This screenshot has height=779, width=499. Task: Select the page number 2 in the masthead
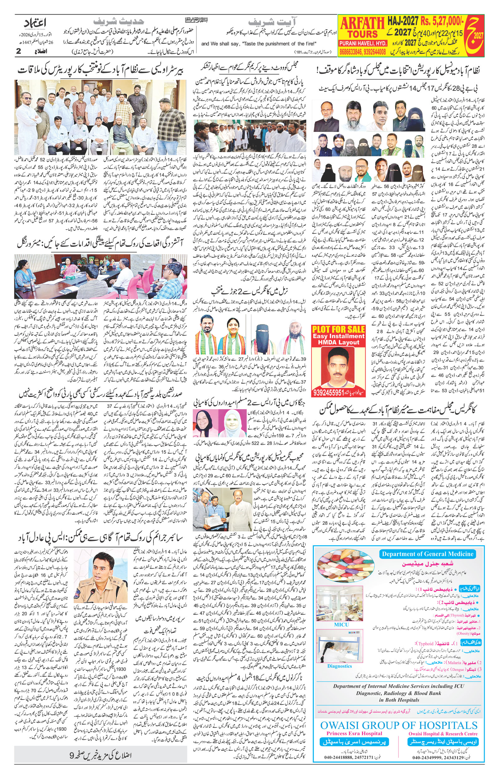click(x=19, y=51)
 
